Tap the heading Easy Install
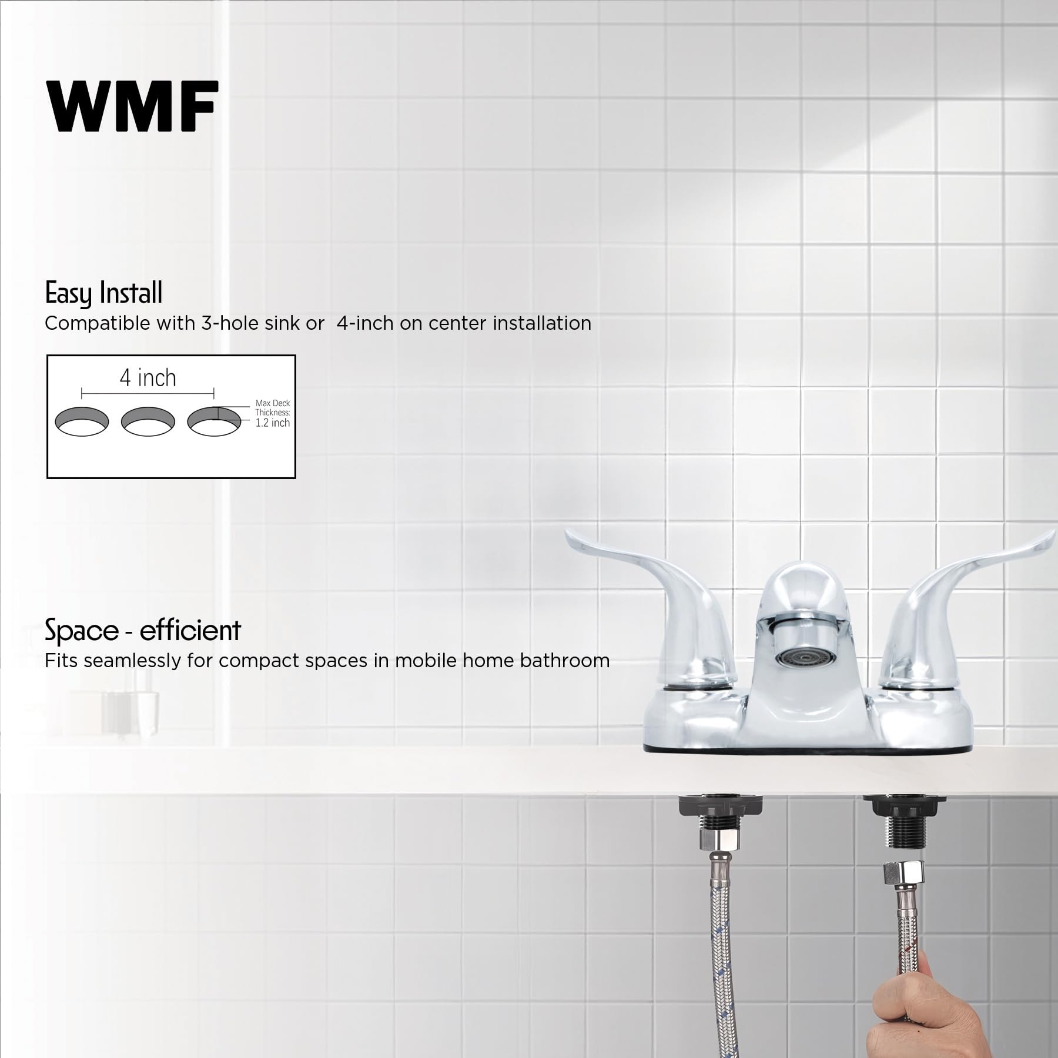coord(103,293)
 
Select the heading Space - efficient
coord(143,630)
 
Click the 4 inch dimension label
coord(148,378)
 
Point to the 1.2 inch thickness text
coord(272,423)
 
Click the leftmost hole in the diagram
coord(82,421)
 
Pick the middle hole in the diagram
coord(148,421)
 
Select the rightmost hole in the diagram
coord(214,421)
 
